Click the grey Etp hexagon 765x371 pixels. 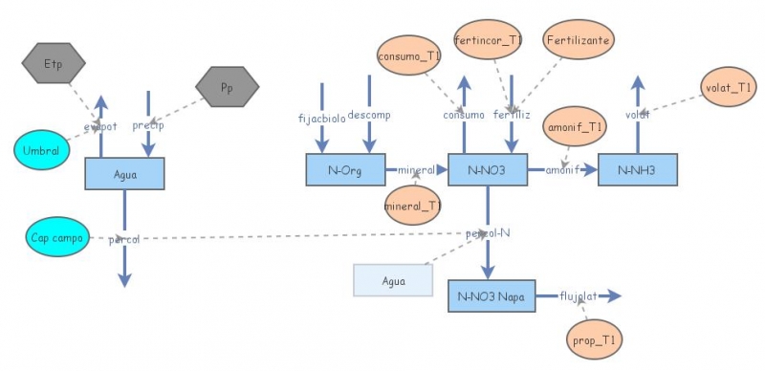(54, 64)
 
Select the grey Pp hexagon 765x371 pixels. (227, 87)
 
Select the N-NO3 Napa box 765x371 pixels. (492, 296)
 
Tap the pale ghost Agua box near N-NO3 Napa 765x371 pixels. (393, 281)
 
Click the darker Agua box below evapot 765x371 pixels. (124, 173)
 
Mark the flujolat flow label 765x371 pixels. (579, 296)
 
